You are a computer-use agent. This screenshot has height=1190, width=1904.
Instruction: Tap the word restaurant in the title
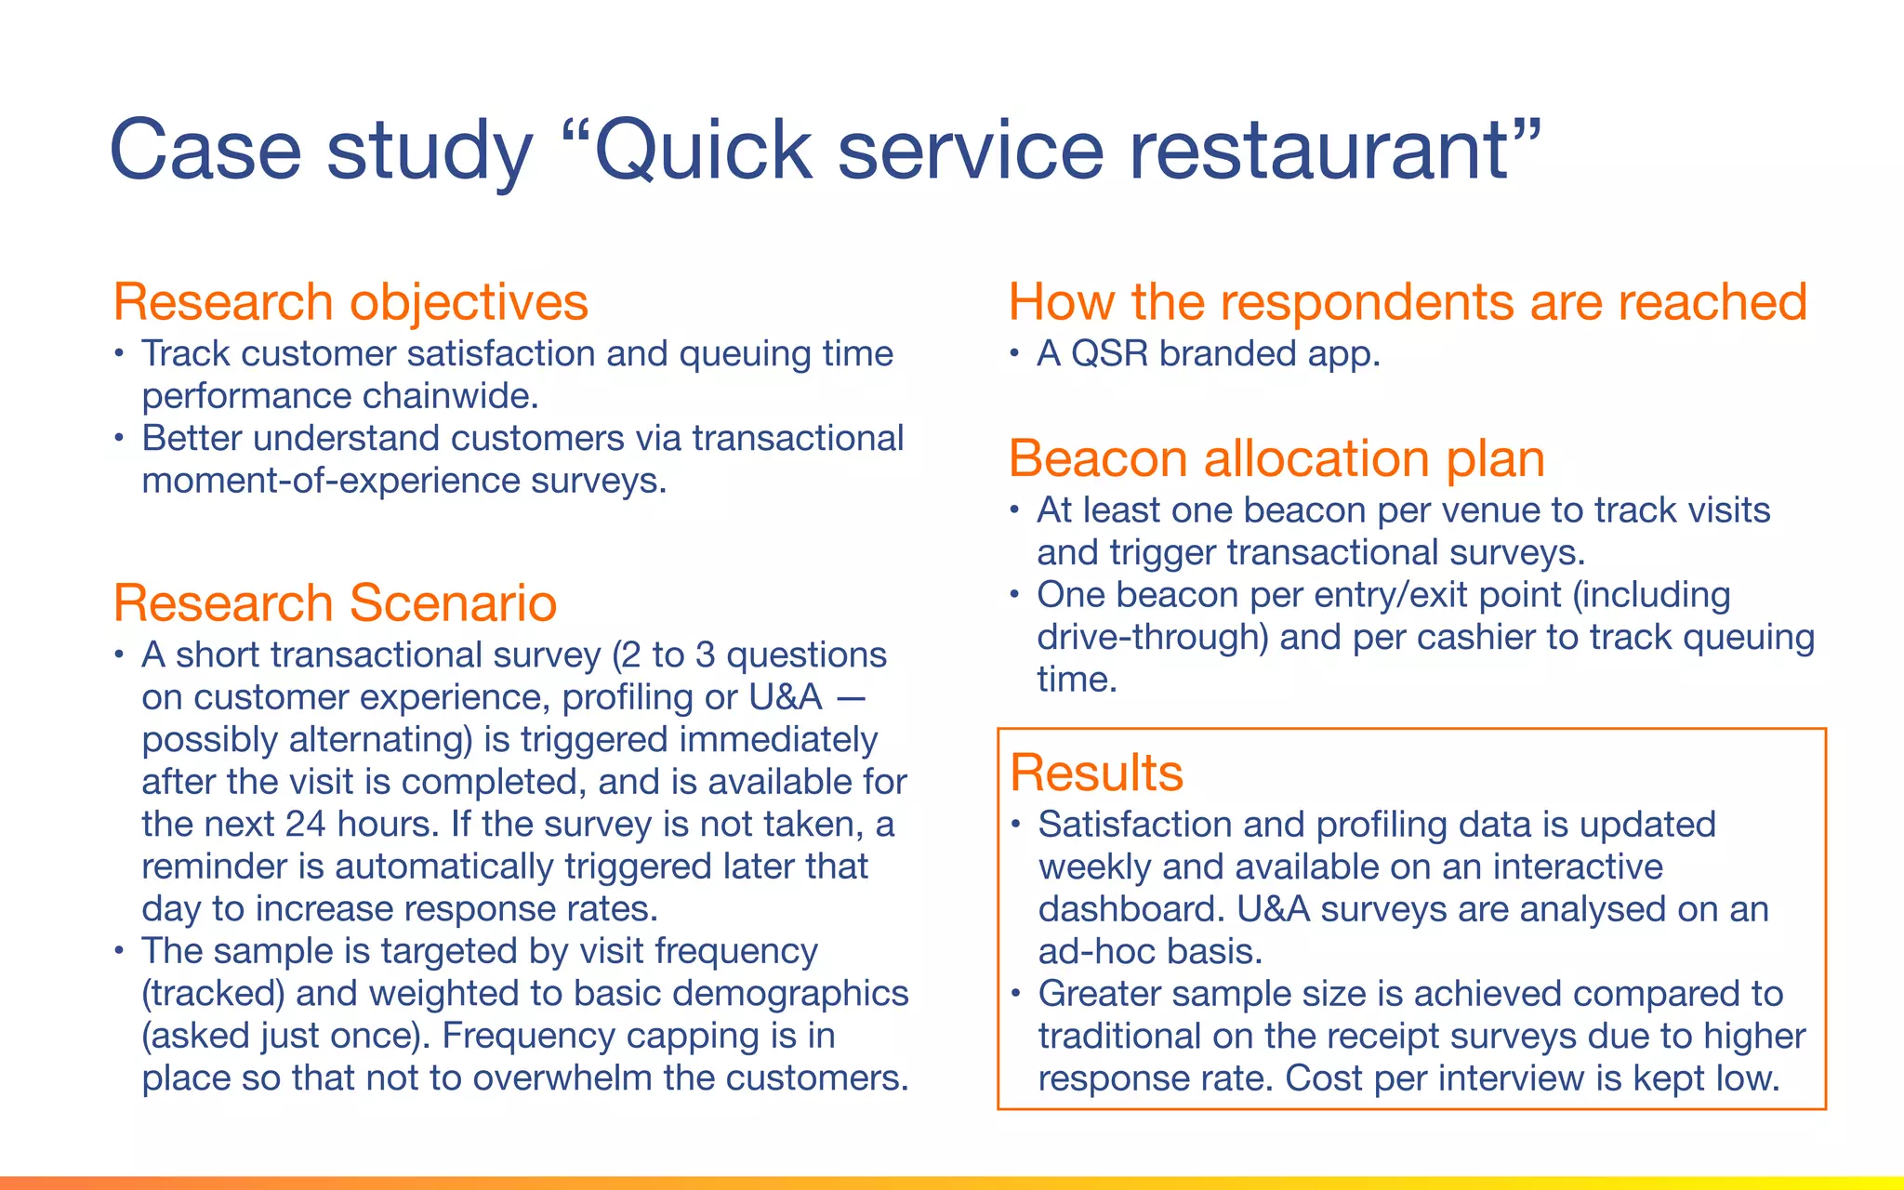(x=1320, y=151)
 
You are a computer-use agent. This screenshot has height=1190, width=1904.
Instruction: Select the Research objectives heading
(x=350, y=302)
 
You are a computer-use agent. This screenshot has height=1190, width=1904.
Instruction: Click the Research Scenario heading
(x=335, y=602)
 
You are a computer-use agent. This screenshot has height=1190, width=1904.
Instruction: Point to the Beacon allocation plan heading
(x=1276, y=458)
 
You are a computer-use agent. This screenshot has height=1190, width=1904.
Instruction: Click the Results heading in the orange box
(x=1096, y=773)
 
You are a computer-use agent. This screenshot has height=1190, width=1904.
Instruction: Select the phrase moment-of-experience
(x=330, y=481)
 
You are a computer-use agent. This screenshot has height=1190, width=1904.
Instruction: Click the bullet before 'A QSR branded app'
(x=1015, y=354)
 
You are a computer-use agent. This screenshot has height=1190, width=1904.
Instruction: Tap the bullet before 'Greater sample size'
(x=1016, y=994)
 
